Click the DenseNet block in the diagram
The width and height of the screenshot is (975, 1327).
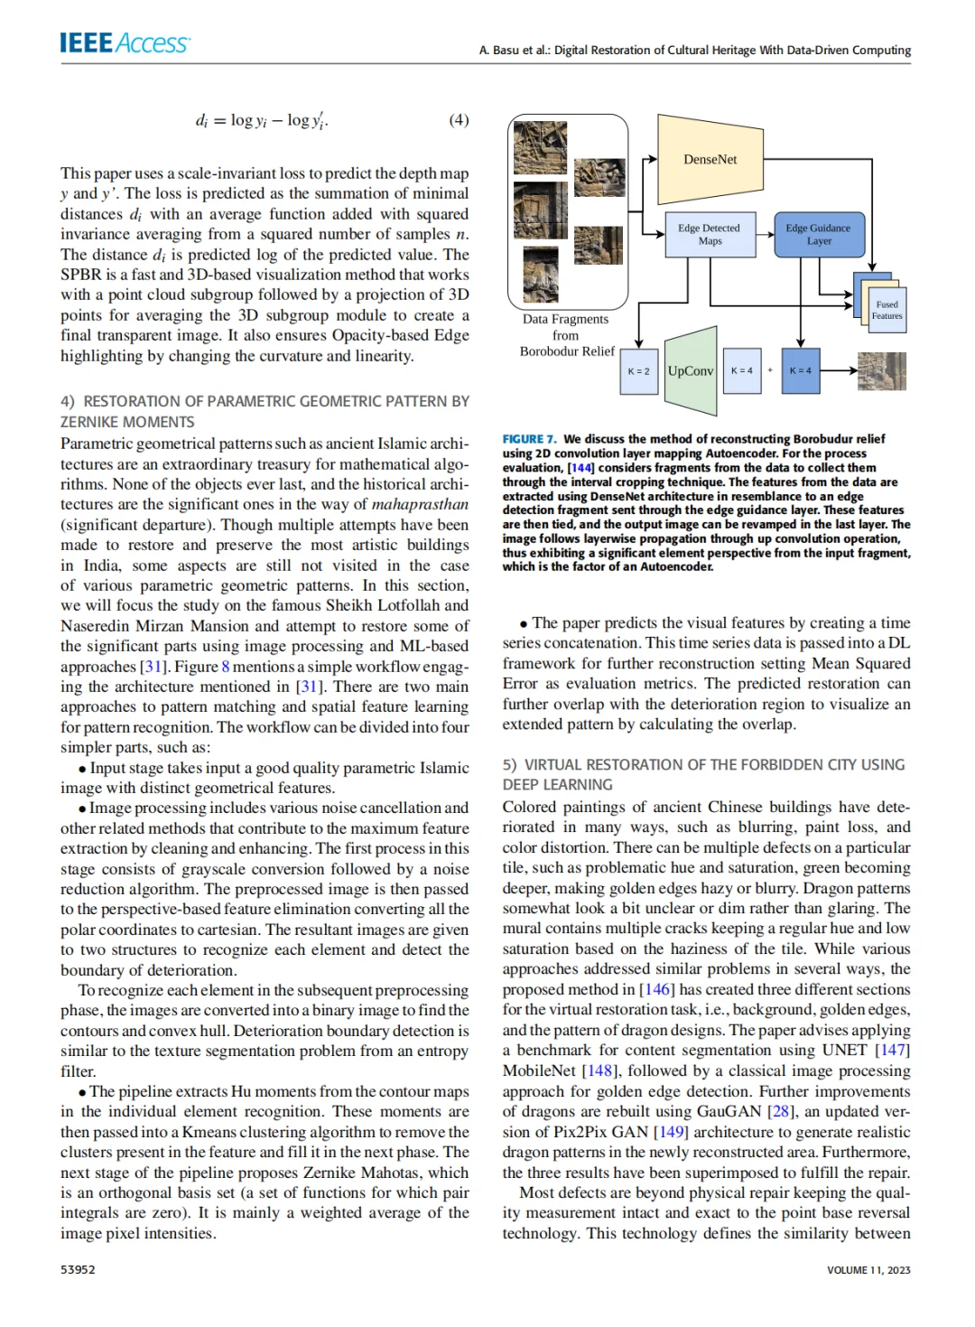pyautogui.click(x=710, y=159)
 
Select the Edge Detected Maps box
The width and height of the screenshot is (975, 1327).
pyautogui.click(x=709, y=235)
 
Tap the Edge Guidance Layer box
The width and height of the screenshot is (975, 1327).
pyautogui.click(x=818, y=235)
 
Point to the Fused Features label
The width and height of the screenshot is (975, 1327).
pyautogui.click(x=887, y=311)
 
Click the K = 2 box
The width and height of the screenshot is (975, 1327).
pyautogui.click(x=638, y=371)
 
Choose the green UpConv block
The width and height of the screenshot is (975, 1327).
pyautogui.click(x=691, y=371)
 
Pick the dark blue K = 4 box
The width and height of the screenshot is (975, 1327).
pyautogui.click(x=800, y=371)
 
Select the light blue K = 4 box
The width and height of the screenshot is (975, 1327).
pyautogui.click(x=741, y=371)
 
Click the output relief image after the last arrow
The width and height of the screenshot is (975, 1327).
pyautogui.click(x=882, y=371)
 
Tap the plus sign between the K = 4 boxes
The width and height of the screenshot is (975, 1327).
pyautogui.click(x=770, y=371)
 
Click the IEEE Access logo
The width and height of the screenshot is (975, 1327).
pyautogui.click(x=125, y=43)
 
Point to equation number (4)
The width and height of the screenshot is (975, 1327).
pyautogui.click(x=459, y=120)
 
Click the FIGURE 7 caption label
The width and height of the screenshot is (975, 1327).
pyautogui.click(x=529, y=439)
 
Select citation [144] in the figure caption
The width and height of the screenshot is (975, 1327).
pyautogui.click(x=580, y=468)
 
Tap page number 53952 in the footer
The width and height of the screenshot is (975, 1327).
pyautogui.click(x=78, y=1269)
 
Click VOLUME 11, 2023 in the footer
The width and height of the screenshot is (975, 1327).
pyautogui.click(x=868, y=1270)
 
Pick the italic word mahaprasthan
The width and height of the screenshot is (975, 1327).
pyautogui.click(x=420, y=505)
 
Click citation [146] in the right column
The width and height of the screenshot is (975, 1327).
pyautogui.click(x=655, y=989)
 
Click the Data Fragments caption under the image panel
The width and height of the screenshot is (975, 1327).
pyautogui.click(x=566, y=320)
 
